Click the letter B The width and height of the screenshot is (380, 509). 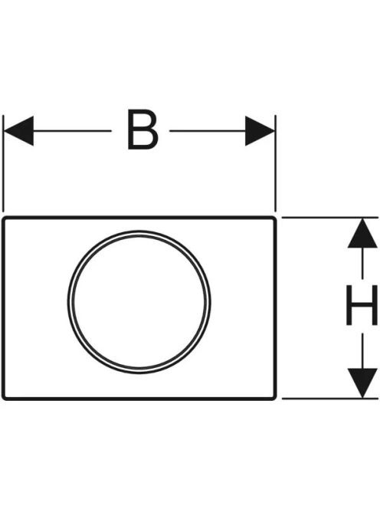142,130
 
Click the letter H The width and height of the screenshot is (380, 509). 362,305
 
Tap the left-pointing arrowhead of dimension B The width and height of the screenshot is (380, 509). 18,131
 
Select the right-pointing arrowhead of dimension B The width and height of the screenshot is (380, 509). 260,131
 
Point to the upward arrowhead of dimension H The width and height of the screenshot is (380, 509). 362,233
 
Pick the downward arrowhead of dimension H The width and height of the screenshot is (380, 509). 362,383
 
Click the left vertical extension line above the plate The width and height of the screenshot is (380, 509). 3,163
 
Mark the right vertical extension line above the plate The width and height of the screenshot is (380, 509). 276,163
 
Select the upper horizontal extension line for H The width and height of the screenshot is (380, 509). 330,218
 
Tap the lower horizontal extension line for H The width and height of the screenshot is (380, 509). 330,399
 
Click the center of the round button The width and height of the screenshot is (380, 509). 139,302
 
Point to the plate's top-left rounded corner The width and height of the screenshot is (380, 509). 5,219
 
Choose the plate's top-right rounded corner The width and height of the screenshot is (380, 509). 274,219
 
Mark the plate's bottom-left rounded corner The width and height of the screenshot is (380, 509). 5,398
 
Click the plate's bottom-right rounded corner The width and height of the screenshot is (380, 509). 274,398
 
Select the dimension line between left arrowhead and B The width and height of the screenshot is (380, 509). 72,131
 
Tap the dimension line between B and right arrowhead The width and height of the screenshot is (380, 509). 208,131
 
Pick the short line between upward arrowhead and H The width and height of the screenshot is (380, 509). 362,264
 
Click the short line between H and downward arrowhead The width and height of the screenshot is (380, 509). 362,351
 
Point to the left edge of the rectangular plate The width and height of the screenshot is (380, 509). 3,308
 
